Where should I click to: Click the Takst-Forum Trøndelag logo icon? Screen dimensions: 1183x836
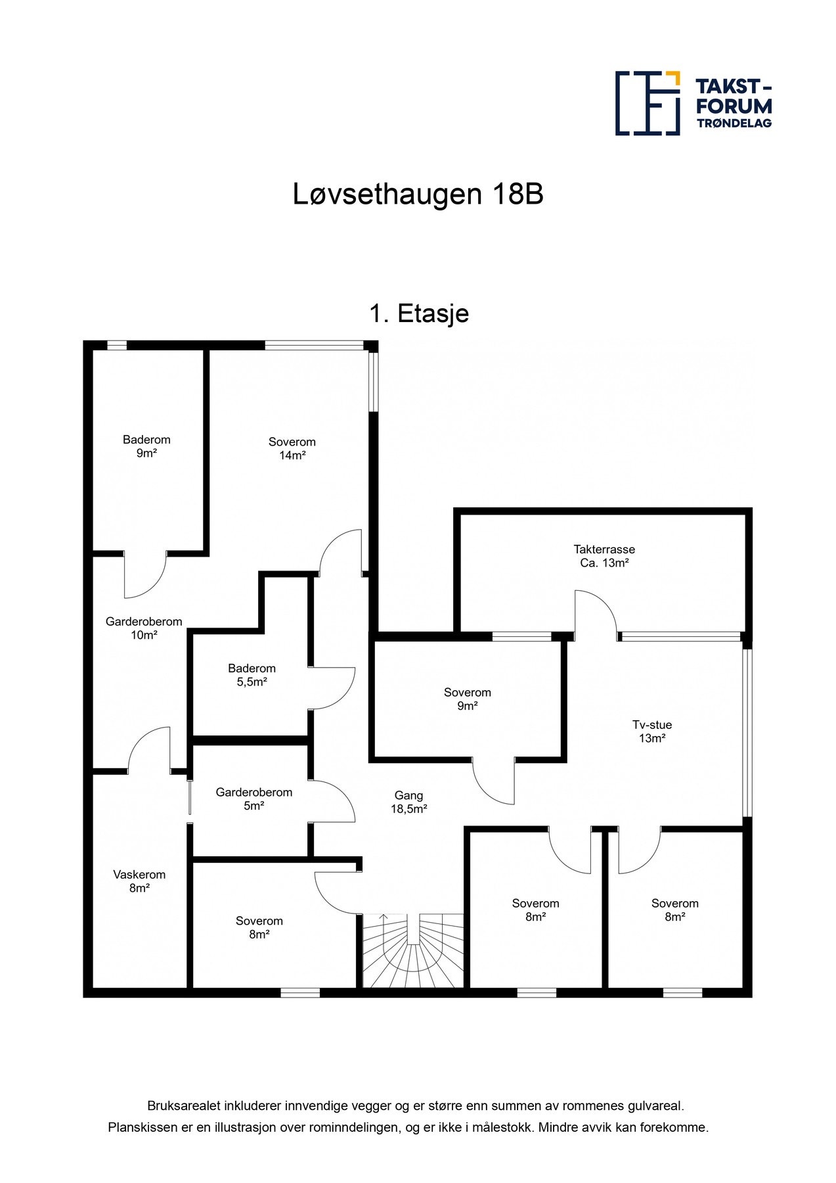(x=647, y=103)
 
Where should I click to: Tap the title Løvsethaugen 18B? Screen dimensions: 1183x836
(x=418, y=195)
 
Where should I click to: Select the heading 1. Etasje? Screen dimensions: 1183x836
(x=418, y=313)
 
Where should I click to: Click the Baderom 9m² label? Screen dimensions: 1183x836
(x=146, y=446)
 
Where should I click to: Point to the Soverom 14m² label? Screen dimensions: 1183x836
(x=292, y=448)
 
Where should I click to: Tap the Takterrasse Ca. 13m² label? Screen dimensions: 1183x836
(x=604, y=556)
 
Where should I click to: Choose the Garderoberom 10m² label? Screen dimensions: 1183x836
(x=144, y=628)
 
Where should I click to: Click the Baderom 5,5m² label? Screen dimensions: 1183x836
(x=252, y=675)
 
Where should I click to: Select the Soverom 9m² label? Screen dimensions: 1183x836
(x=467, y=699)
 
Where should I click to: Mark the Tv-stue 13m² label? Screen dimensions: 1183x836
(x=652, y=731)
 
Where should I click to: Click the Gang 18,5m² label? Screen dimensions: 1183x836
(x=408, y=802)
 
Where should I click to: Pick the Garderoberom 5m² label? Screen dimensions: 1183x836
(x=253, y=799)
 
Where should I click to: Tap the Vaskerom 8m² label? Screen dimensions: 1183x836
(x=139, y=881)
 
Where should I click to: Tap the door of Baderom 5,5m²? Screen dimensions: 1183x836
(x=332, y=688)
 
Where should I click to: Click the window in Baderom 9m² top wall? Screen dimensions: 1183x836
(x=117, y=345)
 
